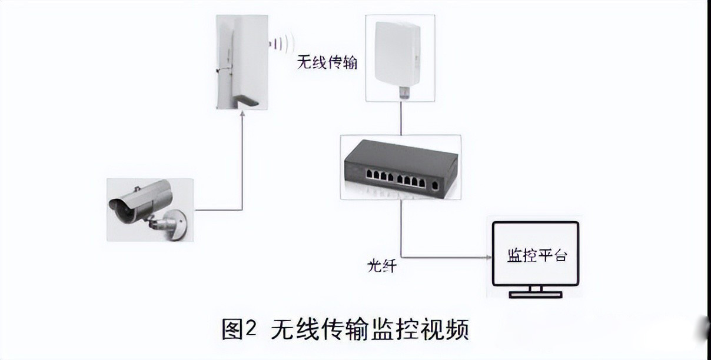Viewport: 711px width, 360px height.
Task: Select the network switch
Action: [400, 166]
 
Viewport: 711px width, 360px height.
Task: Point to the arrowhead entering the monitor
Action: [488, 257]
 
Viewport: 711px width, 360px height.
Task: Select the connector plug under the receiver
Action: [403, 92]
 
